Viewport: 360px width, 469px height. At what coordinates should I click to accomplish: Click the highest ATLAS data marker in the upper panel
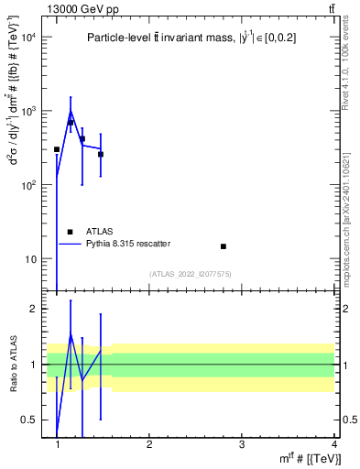click(71, 122)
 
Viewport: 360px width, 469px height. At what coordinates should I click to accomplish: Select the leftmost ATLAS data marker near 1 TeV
click(57, 149)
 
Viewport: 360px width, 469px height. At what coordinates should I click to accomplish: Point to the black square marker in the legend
click(71, 232)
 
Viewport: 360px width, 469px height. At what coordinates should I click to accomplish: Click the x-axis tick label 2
click(149, 443)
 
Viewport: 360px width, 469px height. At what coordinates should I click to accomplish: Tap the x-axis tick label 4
click(334, 443)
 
